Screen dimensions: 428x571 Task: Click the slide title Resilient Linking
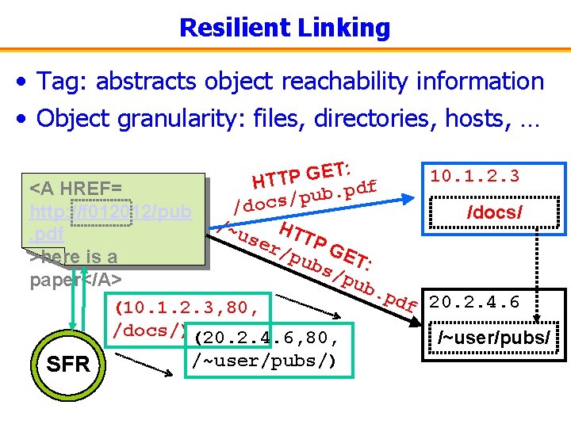point(285,28)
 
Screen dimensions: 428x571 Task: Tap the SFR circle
point(68,364)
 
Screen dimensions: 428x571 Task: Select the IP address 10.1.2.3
point(474,176)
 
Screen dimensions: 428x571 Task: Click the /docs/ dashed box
point(498,212)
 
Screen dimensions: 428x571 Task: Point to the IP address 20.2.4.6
point(474,302)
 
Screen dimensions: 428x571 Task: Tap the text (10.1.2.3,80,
point(194,306)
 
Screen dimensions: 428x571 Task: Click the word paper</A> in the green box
point(75,280)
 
